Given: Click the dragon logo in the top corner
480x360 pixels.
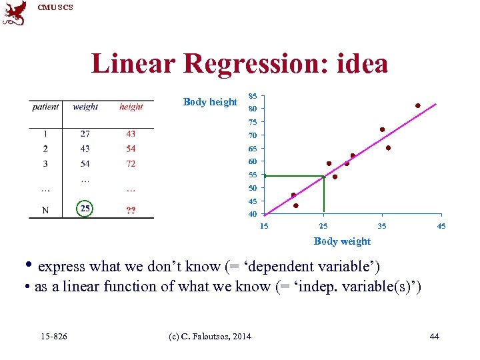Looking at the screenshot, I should pos(15,13).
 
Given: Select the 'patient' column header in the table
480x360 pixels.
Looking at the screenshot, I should pos(45,107).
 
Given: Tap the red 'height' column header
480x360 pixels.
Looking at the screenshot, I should pos(131,107).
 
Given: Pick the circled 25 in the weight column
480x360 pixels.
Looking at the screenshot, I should pos(85,209).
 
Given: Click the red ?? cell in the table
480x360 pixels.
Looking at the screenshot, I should pos(131,211).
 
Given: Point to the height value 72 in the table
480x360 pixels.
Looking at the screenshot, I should pos(131,163).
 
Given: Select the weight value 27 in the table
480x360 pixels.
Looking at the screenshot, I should pos(85,134).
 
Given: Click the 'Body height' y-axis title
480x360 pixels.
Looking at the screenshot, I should pos(210,102).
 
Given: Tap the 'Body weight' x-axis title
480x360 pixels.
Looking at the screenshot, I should pos(342,241).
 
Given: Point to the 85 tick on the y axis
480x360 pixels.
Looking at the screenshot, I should pos(253,96).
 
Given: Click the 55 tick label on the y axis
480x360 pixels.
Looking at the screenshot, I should pos(253,175).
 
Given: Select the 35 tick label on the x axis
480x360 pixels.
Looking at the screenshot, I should pos(382,227).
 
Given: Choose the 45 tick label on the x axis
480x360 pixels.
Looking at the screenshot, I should pos(441,227).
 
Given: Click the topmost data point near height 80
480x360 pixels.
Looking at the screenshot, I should pos(418,105).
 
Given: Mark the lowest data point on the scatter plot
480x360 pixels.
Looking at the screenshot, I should pos(296,205).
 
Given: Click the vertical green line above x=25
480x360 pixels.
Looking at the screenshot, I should pos(324,195).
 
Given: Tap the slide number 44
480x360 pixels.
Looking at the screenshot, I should pos(435,337).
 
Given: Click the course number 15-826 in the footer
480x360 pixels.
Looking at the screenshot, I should pos(54,337).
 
